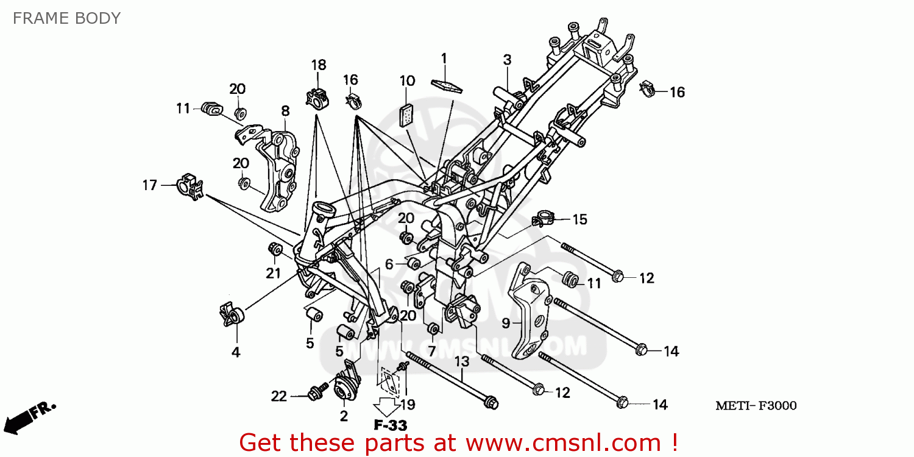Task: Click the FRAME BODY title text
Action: tap(66, 18)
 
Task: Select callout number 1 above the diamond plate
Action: tap(444, 58)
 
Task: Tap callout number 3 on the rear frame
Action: tap(507, 60)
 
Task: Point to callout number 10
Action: tap(407, 80)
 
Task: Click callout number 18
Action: tap(319, 65)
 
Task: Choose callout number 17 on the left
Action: tap(150, 185)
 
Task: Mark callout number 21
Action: tap(273, 273)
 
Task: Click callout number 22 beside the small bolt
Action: tap(278, 396)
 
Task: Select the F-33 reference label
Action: tap(390, 425)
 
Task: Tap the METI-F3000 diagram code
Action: tap(756, 406)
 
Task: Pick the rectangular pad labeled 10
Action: tap(406, 115)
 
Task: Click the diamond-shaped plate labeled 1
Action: tap(445, 84)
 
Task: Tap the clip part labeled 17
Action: tap(189, 186)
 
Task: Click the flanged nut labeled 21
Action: tap(275, 249)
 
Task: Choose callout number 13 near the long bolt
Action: tap(462, 361)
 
